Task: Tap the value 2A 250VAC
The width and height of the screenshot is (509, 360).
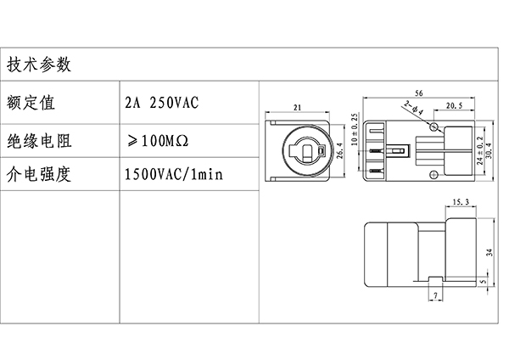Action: pos(161,104)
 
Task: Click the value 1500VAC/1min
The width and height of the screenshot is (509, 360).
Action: pos(173,176)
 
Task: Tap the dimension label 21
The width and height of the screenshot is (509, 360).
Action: pos(298,108)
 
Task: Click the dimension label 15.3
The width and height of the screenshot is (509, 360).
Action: pos(461,203)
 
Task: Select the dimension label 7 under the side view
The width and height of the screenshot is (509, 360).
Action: pos(435,295)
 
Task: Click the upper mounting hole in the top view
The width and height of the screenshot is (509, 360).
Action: pos(435,127)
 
